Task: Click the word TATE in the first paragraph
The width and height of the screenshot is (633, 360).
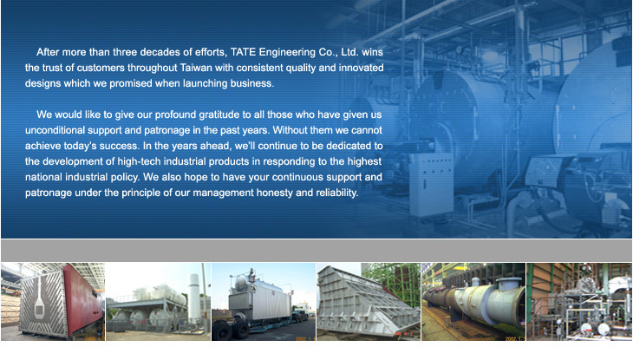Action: pyautogui.click(x=244, y=52)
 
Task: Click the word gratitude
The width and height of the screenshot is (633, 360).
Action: pyautogui.click(x=219, y=115)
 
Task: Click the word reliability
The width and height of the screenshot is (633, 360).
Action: pyautogui.click(x=336, y=193)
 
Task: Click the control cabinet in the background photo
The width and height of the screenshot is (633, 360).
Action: pyautogui.click(x=431, y=184)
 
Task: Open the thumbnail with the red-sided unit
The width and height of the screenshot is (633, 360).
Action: pyautogui.click(x=53, y=302)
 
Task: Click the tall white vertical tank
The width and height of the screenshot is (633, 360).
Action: pyautogui.click(x=194, y=296)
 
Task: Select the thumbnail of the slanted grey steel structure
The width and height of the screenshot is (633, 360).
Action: pyautogui.click(x=369, y=302)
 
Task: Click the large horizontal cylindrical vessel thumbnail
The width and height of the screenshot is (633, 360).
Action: pyautogui.click(x=473, y=302)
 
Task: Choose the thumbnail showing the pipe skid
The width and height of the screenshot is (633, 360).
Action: pyautogui.click(x=579, y=302)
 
